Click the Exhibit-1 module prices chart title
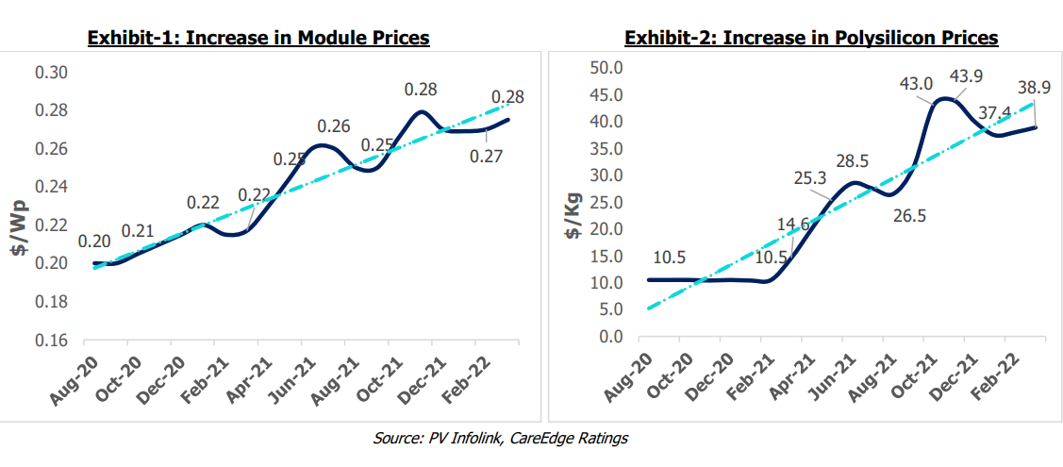(258, 38)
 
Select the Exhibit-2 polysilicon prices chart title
(811, 38)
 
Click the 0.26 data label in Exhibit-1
(334, 125)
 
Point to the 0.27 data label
(487, 156)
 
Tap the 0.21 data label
(138, 231)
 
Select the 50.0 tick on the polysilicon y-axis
(606, 68)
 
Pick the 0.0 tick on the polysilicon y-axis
(610, 337)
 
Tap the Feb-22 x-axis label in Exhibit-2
(1003, 377)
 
